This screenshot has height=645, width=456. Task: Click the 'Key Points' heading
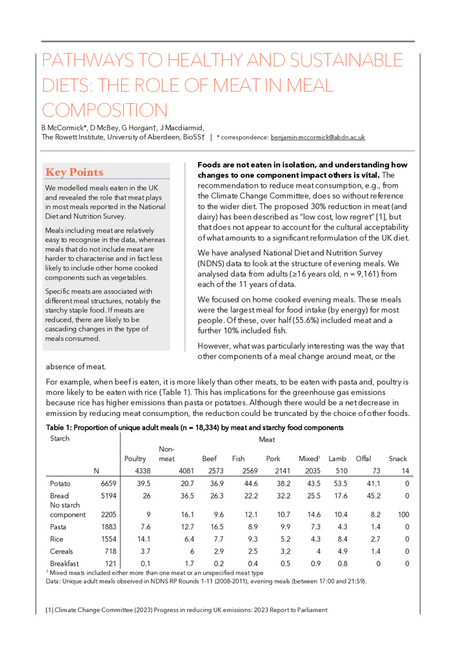click(74, 172)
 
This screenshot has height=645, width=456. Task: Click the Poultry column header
click(134, 459)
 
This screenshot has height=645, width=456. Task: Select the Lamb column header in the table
click(337, 459)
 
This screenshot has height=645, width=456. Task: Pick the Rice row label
click(58, 538)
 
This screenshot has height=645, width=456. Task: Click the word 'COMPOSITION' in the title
click(104, 109)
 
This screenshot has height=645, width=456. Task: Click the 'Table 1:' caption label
click(62, 428)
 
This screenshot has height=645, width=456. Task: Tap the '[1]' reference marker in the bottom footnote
click(48, 610)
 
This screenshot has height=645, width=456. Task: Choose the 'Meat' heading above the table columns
click(267, 440)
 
